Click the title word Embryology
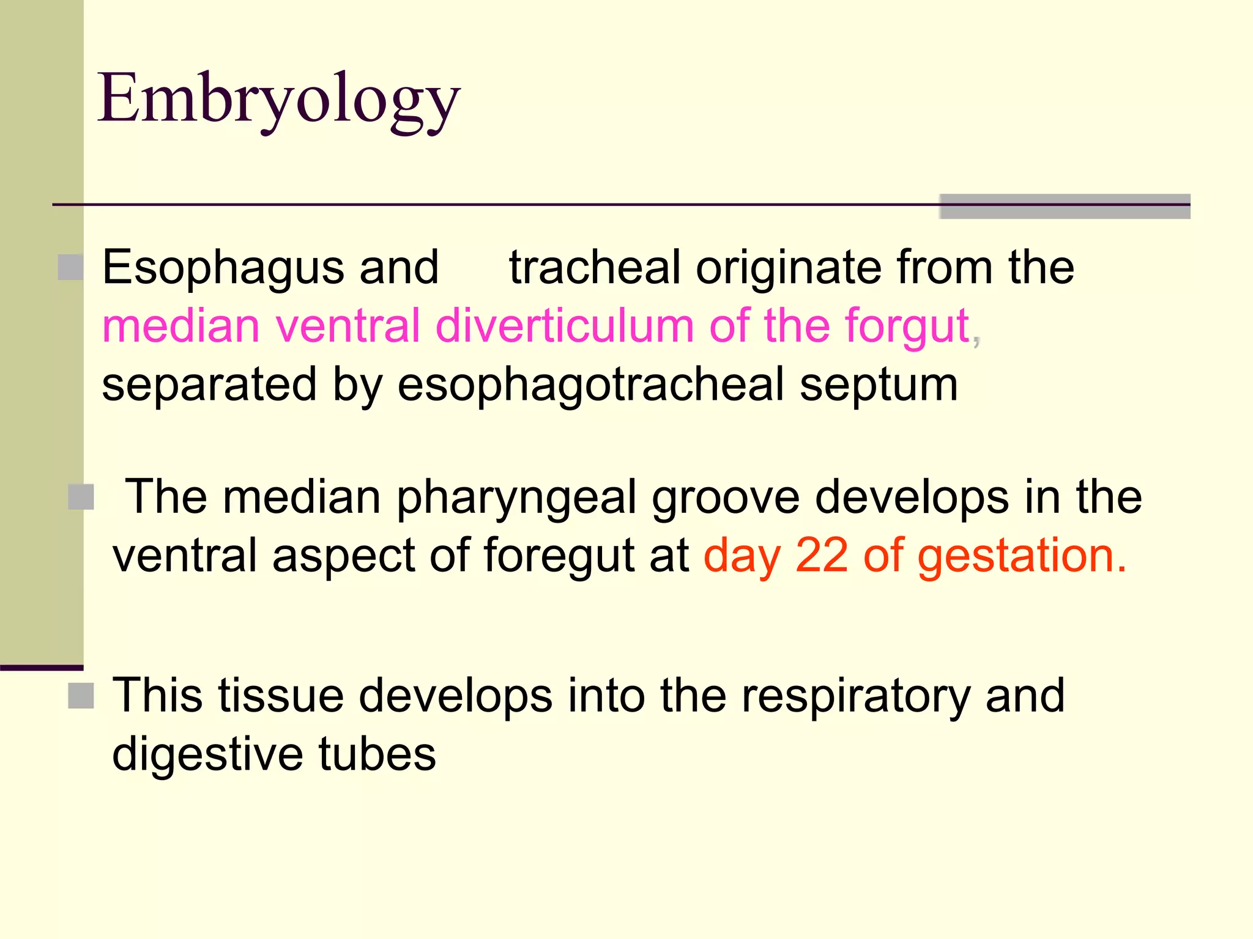pyautogui.click(x=278, y=100)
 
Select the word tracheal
pyautogui.click(x=595, y=268)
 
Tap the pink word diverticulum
pyautogui.click(x=564, y=325)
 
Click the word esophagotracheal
pyautogui.click(x=591, y=385)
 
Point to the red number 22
pyautogui.click(x=822, y=555)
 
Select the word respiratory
pyautogui.click(x=855, y=696)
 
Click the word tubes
pyautogui.click(x=377, y=753)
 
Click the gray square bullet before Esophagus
pyautogui.click(x=70, y=268)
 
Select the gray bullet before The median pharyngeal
pyautogui.click(x=81, y=497)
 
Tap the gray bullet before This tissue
pyautogui.click(x=81, y=696)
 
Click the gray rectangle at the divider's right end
pyautogui.click(x=1065, y=207)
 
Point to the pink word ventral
pyautogui.click(x=348, y=325)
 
